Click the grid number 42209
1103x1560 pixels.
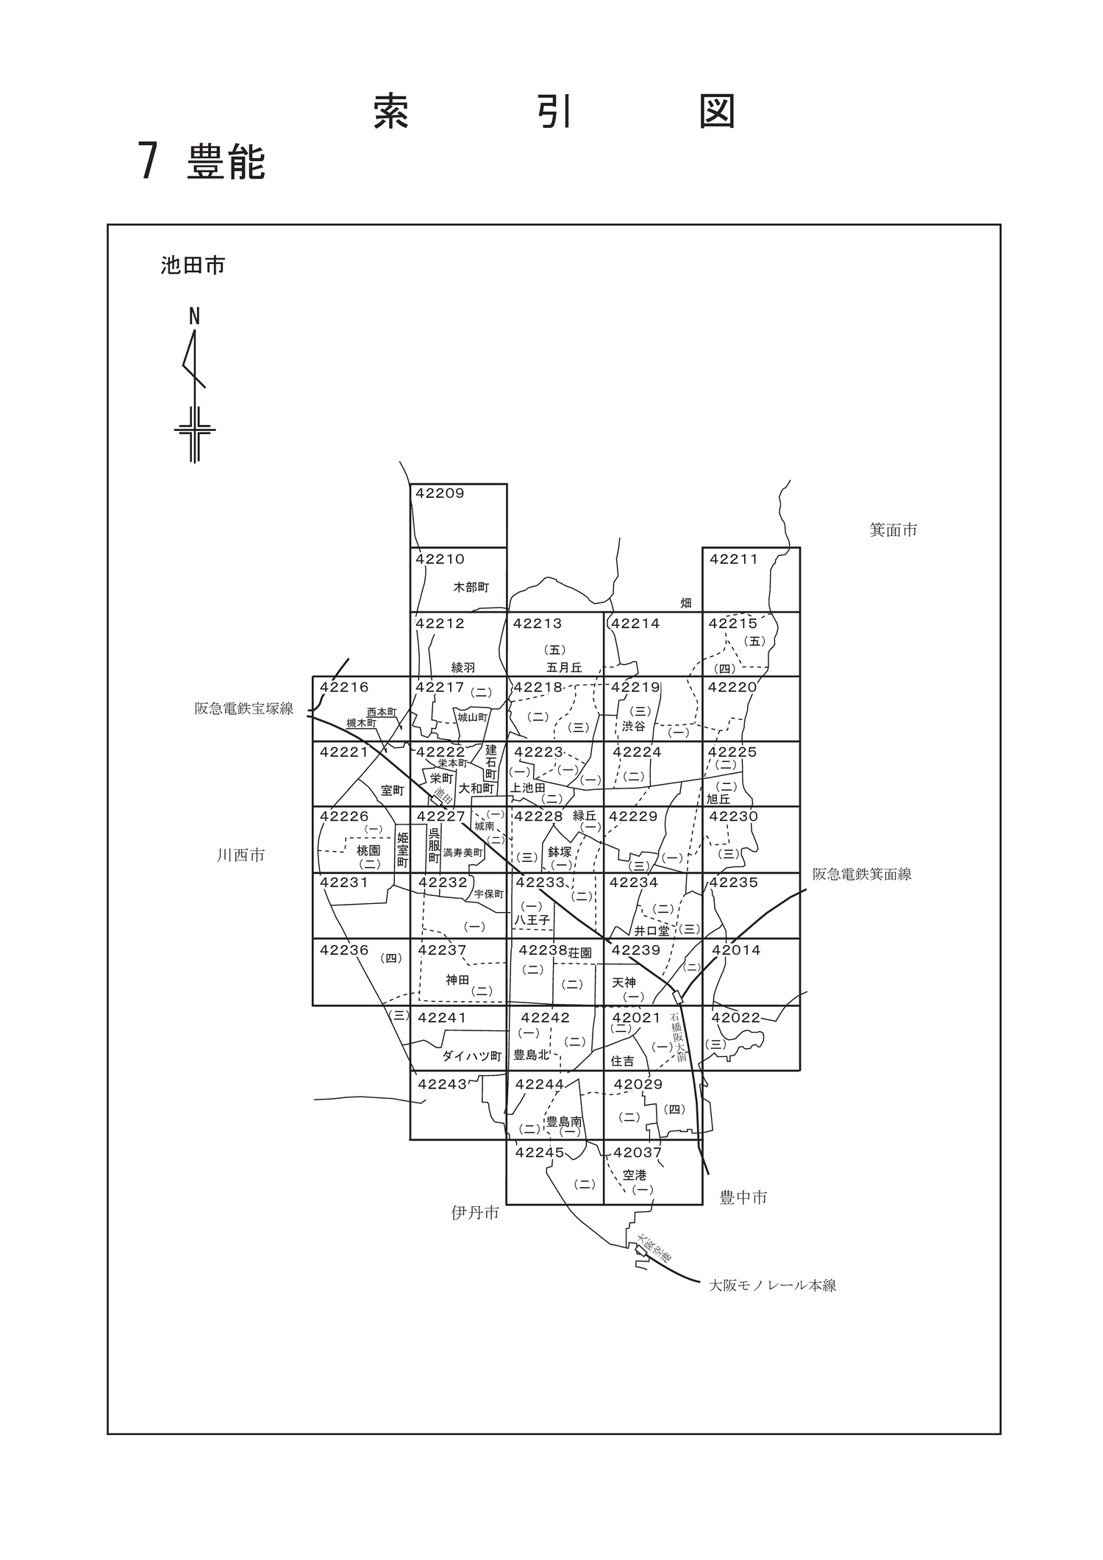tap(440, 494)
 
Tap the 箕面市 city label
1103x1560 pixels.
tap(893, 530)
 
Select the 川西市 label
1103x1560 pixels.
tap(240, 855)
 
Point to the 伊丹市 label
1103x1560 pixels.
tap(475, 1213)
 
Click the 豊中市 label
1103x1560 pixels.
tap(743, 1197)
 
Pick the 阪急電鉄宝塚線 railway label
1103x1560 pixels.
tap(244, 708)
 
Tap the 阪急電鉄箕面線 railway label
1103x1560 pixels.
tap(862, 874)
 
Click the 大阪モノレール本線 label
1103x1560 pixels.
tap(772, 1286)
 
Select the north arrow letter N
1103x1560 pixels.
tap(194, 317)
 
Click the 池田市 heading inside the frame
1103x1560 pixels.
tap(193, 266)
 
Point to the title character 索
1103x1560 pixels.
tap(391, 112)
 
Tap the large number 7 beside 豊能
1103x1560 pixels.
tap(149, 160)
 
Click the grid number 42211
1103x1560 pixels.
tap(733, 559)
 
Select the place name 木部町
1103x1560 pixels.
tap(471, 587)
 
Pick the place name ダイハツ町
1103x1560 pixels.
tap(471, 1056)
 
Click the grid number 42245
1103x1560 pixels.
tap(540, 1153)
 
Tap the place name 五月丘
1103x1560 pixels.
tap(564, 668)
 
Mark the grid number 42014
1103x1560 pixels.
tap(736, 950)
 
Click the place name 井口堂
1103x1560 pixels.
tap(652, 930)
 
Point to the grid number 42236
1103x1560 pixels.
tap(344, 950)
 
